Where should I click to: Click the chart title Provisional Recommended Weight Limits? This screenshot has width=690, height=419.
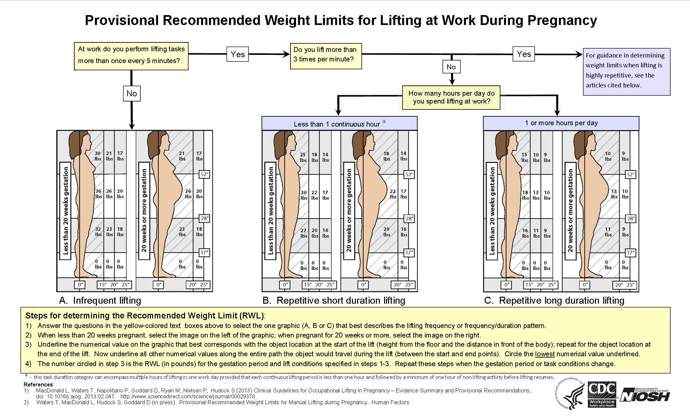tap(341, 20)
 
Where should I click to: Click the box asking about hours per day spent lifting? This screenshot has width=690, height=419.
tap(451, 97)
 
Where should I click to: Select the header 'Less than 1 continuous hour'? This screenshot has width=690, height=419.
tap(339, 124)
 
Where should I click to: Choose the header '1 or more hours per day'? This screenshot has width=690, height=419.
tap(561, 123)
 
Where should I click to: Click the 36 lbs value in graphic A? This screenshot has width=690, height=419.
tap(98, 194)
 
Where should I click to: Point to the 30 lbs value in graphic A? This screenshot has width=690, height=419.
tap(98, 156)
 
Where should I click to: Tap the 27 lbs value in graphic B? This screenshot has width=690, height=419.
tap(304, 233)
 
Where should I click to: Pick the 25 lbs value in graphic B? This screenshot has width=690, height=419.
tap(303, 157)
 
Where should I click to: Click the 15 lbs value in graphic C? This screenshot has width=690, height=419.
tap(524, 157)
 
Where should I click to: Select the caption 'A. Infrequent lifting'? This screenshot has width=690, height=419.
tap(100, 300)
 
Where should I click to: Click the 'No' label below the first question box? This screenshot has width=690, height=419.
tap(131, 94)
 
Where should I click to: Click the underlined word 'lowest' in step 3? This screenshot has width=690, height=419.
tap(545, 354)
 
